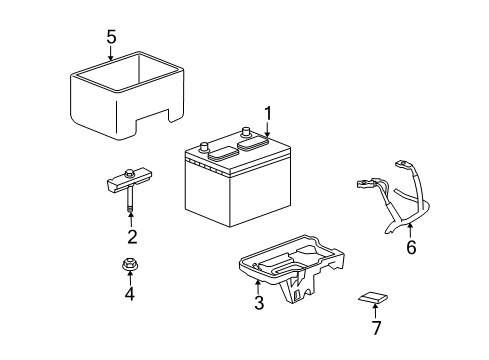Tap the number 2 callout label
point(131,237)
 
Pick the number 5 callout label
point(112,38)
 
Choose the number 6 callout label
point(409,247)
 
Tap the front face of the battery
point(225,195)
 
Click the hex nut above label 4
point(130,267)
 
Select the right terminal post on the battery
point(244,131)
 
